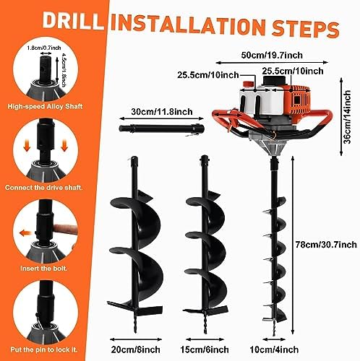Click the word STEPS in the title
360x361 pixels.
tap(305, 28)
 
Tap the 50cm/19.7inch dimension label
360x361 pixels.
tap(272, 55)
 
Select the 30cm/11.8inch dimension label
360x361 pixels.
tap(162, 112)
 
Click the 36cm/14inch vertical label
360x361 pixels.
tap(347, 117)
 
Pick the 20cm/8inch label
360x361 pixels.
tap(135, 349)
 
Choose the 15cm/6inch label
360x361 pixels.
tap(205, 349)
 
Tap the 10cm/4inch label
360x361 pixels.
tap(274, 349)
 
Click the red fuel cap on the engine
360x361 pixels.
tap(248, 84)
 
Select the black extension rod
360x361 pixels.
tap(161, 128)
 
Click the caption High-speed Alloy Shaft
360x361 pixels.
tap(45, 106)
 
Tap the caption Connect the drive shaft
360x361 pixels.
tap(43, 188)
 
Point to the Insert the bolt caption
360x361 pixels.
tap(43, 269)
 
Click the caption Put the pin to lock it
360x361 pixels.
tap(44, 349)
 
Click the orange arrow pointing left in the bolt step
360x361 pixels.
tap(25, 233)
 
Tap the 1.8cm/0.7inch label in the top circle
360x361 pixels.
tap(44, 48)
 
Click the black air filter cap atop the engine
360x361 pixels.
tap(274, 80)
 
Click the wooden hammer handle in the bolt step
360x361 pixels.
tap(66, 230)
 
